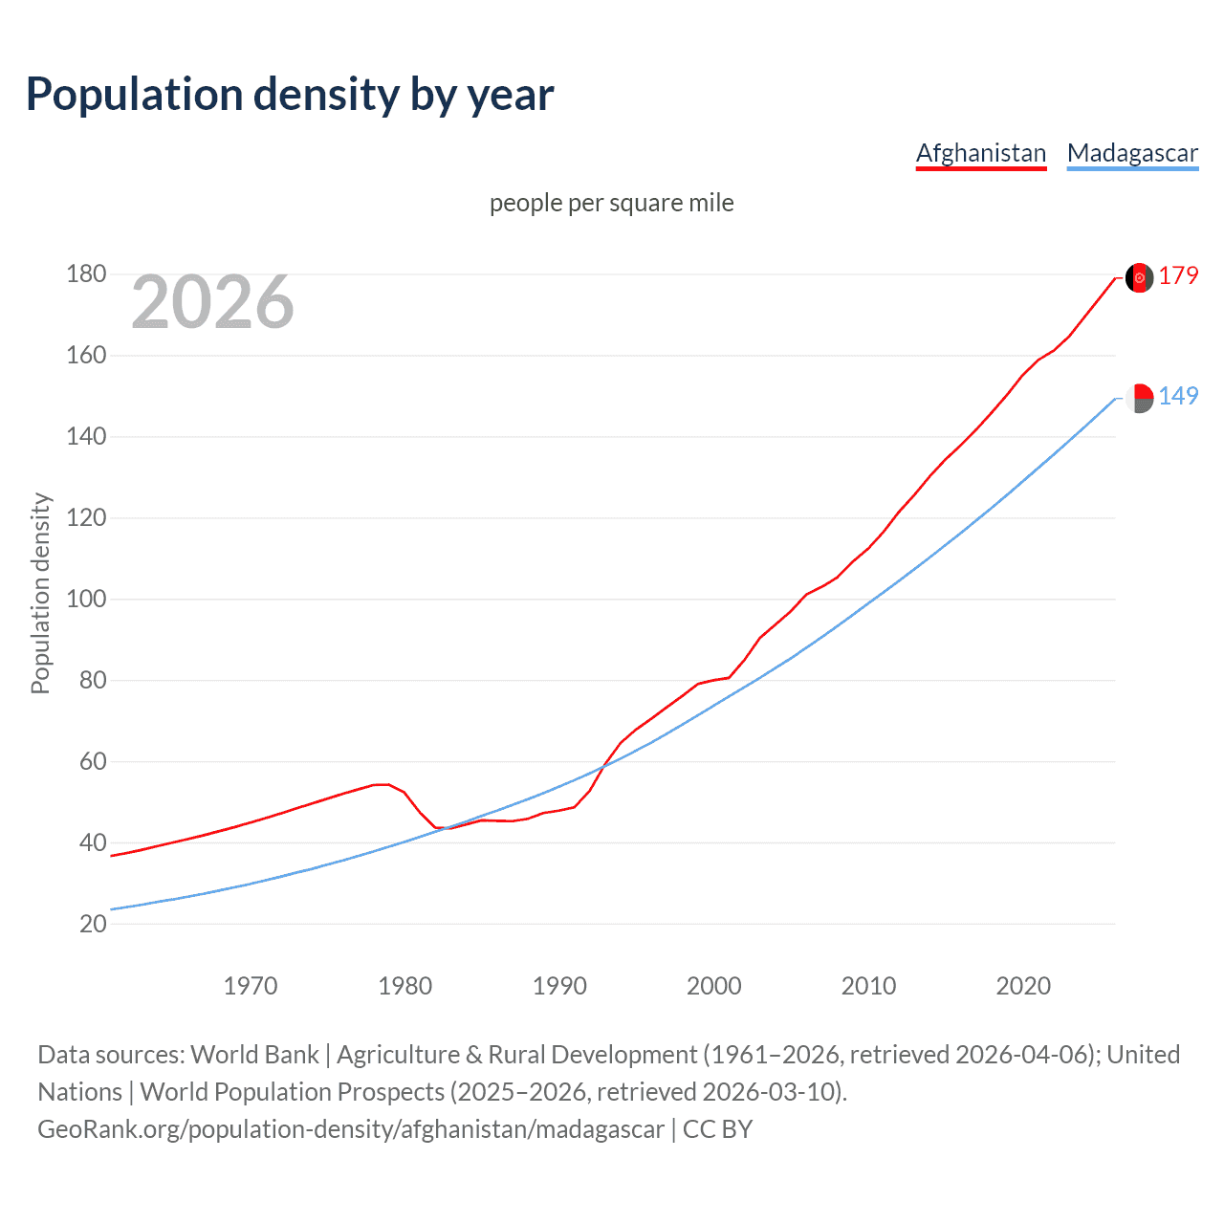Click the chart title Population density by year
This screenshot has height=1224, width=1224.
click(290, 95)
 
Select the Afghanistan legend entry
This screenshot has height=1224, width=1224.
click(981, 154)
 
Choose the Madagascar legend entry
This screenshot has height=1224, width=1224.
click(1132, 154)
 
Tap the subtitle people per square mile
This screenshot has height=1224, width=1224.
click(611, 203)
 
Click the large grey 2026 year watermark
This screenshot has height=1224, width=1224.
click(212, 302)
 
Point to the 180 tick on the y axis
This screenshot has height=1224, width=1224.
click(86, 274)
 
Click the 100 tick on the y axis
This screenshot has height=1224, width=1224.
click(86, 600)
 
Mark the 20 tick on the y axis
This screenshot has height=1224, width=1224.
click(93, 924)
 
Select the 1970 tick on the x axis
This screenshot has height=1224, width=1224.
click(251, 986)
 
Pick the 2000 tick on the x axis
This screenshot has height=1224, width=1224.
click(714, 986)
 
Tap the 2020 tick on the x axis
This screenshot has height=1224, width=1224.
click(1023, 986)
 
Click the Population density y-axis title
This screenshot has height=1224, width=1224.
click(40, 593)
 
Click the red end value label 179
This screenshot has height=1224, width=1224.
click(1178, 276)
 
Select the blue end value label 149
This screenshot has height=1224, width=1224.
click(1178, 396)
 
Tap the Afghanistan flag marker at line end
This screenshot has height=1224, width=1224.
click(1139, 277)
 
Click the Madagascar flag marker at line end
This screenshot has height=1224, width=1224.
click(1139, 397)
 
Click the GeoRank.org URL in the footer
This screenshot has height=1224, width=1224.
click(351, 1129)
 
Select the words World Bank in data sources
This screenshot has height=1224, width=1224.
click(254, 1055)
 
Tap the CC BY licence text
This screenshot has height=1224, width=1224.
click(718, 1129)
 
